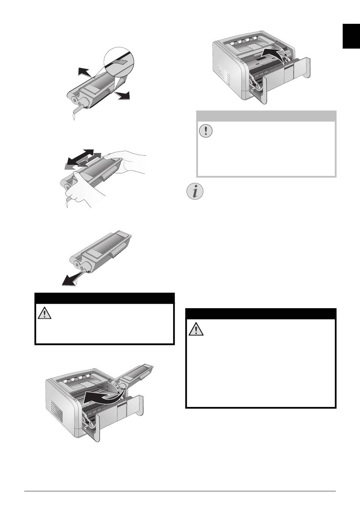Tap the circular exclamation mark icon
tap(206, 131)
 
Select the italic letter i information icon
tap(195, 192)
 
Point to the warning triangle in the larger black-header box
tap(196, 329)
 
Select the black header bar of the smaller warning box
tap(104, 298)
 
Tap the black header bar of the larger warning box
tap(261, 314)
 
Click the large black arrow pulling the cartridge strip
tap(72, 279)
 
